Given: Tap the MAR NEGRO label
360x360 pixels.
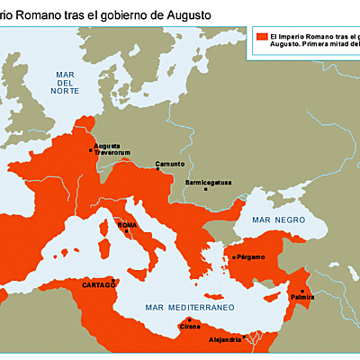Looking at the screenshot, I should [x=274, y=220].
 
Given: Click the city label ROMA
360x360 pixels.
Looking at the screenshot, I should [x=126, y=224].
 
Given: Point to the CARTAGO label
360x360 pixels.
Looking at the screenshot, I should [x=99, y=284].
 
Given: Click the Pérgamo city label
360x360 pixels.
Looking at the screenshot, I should [x=251, y=257].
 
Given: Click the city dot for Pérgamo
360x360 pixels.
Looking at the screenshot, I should [x=233, y=257].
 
